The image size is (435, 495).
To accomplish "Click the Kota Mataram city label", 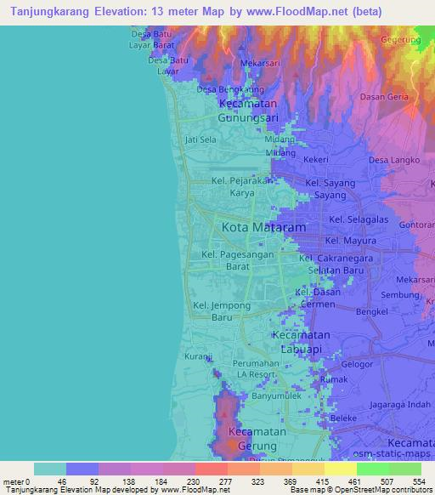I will pos(263,228).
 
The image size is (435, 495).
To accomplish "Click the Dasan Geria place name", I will pos(384,97).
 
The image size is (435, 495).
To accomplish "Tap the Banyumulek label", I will pos(273,395).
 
